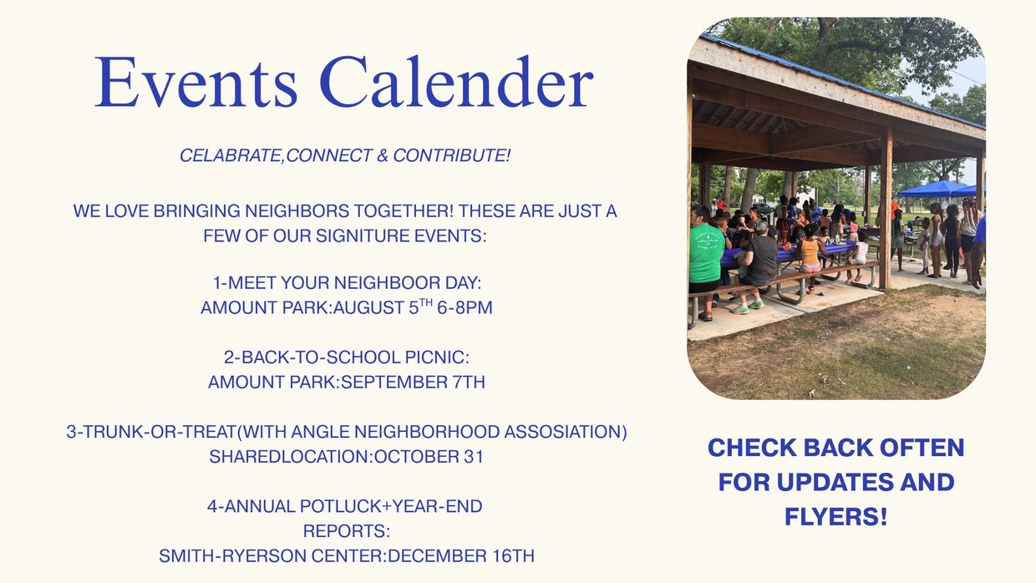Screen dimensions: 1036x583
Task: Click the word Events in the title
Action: pyautogui.click(x=196, y=82)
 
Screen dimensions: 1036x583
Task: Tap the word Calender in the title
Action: pyautogui.click(x=456, y=82)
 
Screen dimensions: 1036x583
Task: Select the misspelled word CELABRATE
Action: pyautogui.click(x=231, y=155)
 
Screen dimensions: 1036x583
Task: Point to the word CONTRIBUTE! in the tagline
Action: pyautogui.click(x=452, y=155)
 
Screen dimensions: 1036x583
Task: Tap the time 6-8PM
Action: pyautogui.click(x=465, y=307)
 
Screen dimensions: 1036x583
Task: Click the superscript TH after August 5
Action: pyautogui.click(x=426, y=303)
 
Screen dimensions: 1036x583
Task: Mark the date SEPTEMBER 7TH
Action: pyautogui.click(x=413, y=383)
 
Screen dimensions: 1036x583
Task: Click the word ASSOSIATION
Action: pyautogui.click(x=566, y=432)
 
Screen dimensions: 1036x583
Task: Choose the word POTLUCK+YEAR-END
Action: pyautogui.click(x=391, y=506)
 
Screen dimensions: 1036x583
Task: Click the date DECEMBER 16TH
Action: pyautogui.click(x=460, y=555)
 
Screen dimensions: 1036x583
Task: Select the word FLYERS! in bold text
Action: pyautogui.click(x=836, y=516)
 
